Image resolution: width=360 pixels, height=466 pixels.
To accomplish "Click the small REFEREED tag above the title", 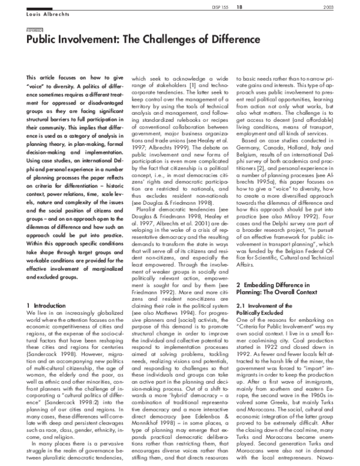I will click(x=35, y=28).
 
